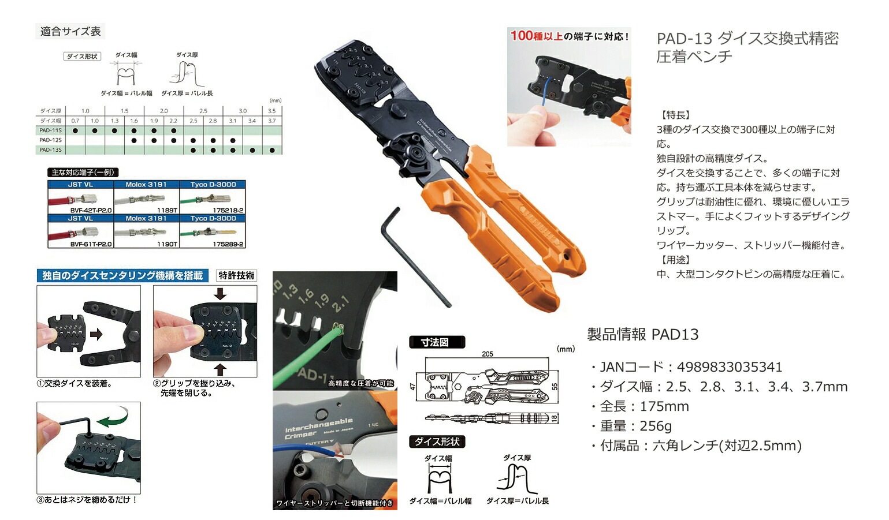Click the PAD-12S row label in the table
pyautogui.click(x=50, y=140)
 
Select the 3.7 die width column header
pyautogui.click(x=271, y=121)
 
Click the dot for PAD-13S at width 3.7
pyautogui.click(x=272, y=150)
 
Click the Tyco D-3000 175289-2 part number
pyautogui.click(x=228, y=244)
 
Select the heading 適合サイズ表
pyautogui.click(x=70, y=32)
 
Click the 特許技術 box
pyautogui.click(x=236, y=276)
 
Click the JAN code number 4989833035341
pyautogui.click(x=729, y=367)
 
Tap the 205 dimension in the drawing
pyautogui.click(x=487, y=354)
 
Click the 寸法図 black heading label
pyautogui.click(x=434, y=342)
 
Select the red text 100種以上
pyautogui.click(x=536, y=36)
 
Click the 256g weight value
pyautogui.click(x=656, y=426)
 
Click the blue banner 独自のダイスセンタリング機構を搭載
pyautogui.click(x=122, y=276)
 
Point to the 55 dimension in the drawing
pyautogui.click(x=555, y=387)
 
